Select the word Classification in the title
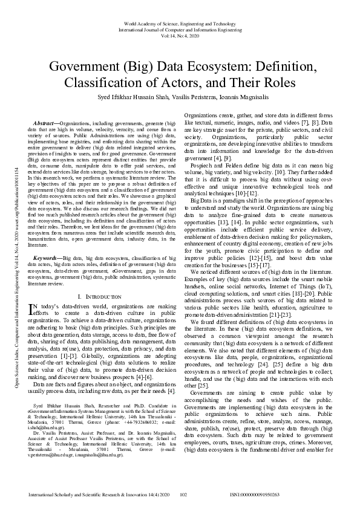tap(107, 82)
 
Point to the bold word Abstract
tap(49, 123)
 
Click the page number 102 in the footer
tap(185, 495)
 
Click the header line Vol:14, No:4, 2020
tap(180, 36)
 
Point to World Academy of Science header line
tap(180, 22)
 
